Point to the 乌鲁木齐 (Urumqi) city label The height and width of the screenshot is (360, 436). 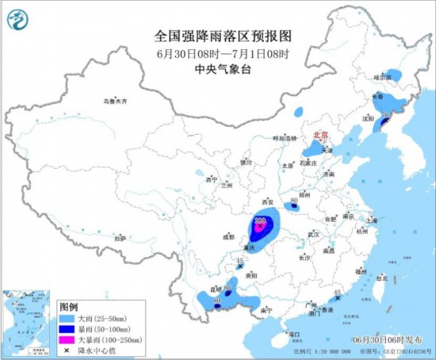(114, 101)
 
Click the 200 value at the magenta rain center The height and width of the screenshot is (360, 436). (260, 221)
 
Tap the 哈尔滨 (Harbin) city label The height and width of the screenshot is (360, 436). (383, 78)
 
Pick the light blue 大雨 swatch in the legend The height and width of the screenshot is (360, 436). (69, 318)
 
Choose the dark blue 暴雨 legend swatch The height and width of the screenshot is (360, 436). (69, 328)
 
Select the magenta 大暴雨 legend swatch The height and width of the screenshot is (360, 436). (69, 339)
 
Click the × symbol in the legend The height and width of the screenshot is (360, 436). (69, 350)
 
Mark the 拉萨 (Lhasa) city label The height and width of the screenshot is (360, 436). (120, 238)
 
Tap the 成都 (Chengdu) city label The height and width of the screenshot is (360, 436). (229, 236)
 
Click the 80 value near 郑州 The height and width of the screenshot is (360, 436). (294, 198)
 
